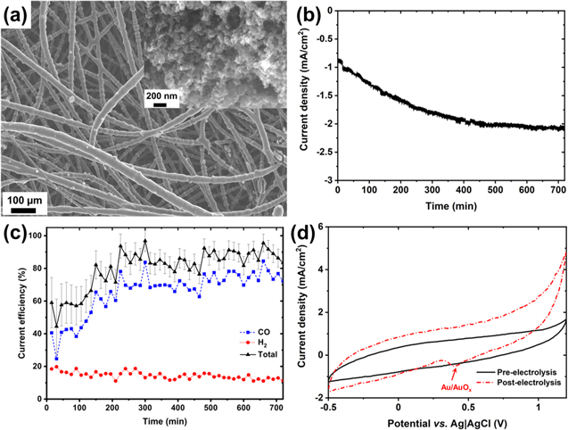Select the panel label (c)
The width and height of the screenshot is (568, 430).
(x=18, y=234)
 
